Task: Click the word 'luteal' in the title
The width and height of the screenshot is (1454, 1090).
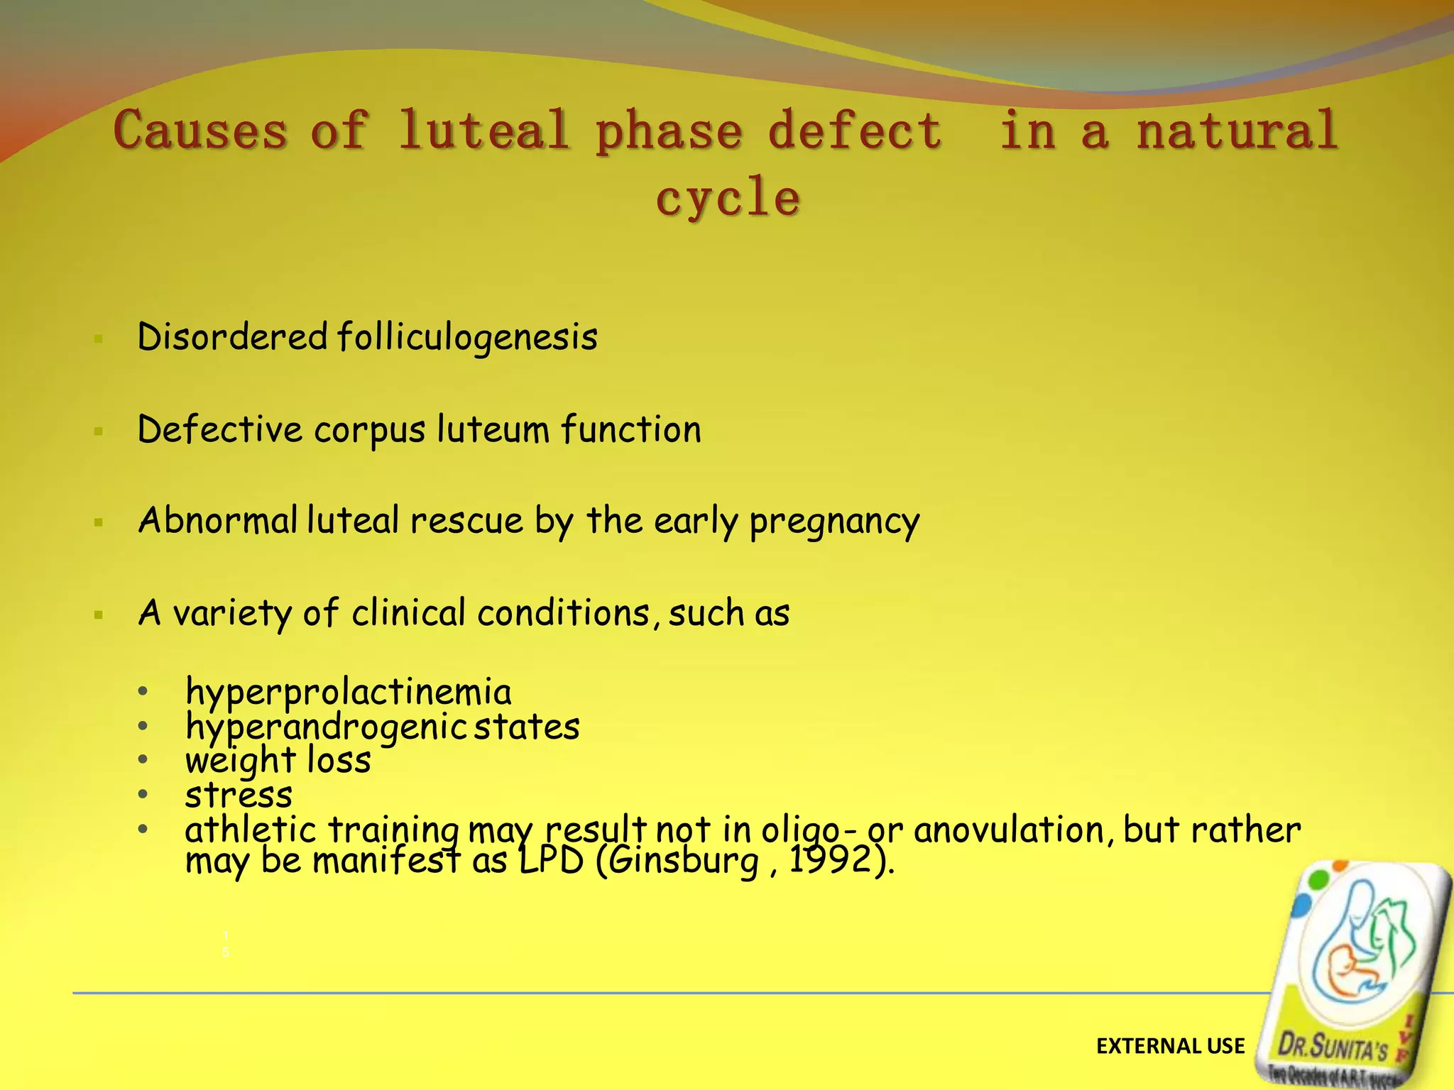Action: tap(483, 131)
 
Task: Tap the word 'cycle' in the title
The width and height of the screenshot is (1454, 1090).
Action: tap(728, 197)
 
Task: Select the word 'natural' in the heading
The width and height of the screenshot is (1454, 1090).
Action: tap(1237, 131)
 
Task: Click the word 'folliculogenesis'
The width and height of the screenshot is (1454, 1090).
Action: tap(467, 336)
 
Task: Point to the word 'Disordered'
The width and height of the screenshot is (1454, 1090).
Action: tap(232, 336)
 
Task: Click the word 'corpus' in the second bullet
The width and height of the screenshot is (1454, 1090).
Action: tap(370, 430)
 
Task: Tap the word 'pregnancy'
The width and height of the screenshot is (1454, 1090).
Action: tap(834, 522)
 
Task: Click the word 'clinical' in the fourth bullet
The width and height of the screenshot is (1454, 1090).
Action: tap(408, 612)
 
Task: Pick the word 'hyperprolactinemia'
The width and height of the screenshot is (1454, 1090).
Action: tap(348, 692)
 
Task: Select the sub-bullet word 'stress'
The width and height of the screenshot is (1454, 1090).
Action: tap(239, 795)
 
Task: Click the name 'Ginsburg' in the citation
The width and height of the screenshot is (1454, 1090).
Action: tap(684, 861)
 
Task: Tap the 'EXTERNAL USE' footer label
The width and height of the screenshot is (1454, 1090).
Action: tap(1170, 1046)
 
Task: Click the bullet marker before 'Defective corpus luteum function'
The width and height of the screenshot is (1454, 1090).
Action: tap(99, 431)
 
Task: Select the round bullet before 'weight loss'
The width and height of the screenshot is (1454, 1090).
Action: tap(143, 760)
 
